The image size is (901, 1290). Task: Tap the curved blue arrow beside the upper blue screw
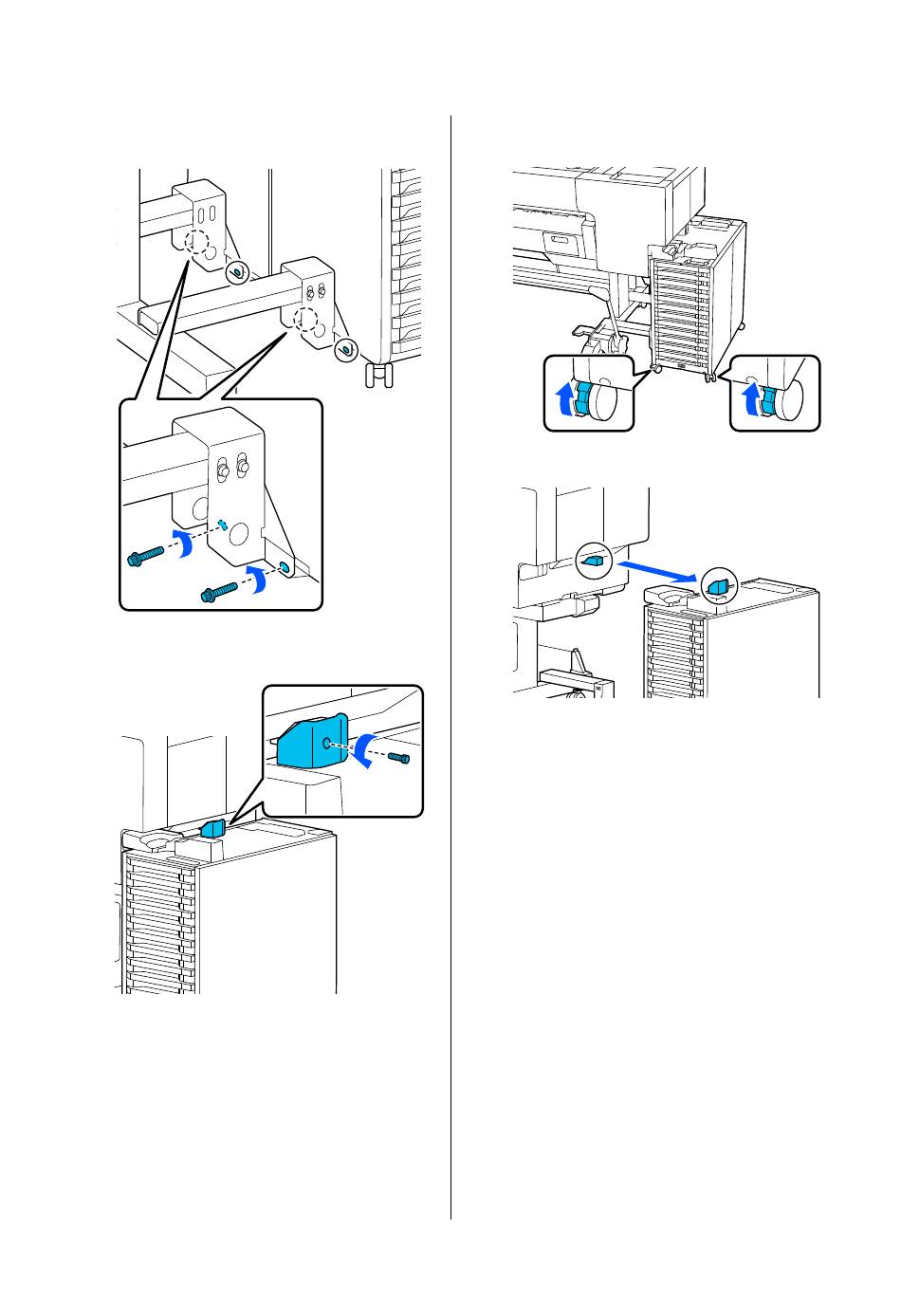tap(184, 543)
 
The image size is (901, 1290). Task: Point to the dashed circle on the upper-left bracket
tap(197, 243)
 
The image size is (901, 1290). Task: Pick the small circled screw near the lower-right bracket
tap(347, 349)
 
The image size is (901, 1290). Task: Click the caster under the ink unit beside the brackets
tap(378, 375)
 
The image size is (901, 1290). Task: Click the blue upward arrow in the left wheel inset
tap(565, 395)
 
